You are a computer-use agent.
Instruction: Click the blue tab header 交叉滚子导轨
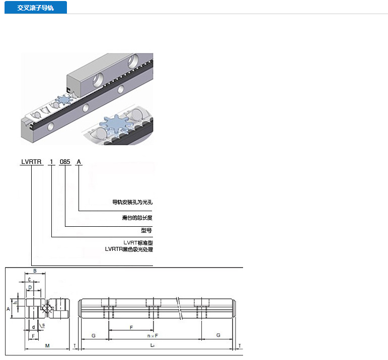[35, 8]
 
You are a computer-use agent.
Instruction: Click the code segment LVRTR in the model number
[31, 161]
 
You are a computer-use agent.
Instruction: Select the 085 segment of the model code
[65, 161]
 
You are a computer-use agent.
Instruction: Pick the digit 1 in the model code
[51, 161]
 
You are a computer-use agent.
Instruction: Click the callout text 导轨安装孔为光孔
[132, 202]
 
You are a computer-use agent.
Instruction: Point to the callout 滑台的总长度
[137, 218]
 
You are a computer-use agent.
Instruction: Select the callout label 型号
[146, 230]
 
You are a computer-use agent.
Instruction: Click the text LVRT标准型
[137, 242]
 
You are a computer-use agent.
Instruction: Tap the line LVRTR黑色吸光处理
[128, 249]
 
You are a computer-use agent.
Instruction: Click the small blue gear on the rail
[64, 100]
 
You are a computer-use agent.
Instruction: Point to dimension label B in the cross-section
[35, 271]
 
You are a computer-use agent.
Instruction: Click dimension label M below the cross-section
[47, 345]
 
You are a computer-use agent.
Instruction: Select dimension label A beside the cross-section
[9, 309]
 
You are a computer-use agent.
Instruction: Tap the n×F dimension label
[152, 335]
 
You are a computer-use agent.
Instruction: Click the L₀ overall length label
[153, 345]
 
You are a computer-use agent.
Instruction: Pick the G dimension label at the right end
[218, 335]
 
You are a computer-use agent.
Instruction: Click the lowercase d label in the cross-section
[33, 326]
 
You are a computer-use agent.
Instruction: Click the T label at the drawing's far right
[239, 345]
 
